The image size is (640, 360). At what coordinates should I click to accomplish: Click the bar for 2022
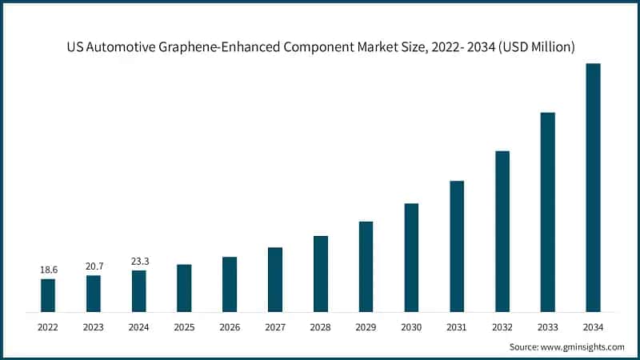pos(48,294)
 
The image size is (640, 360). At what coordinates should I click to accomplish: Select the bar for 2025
pos(184,287)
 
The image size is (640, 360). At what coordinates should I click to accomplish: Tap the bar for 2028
pos(320,273)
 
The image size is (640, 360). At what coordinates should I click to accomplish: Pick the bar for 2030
pos(411,257)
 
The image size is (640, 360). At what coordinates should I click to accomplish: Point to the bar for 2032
pos(502,230)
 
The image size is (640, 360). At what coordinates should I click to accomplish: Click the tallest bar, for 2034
pos(593,187)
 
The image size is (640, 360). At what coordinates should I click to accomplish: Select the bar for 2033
pos(547,211)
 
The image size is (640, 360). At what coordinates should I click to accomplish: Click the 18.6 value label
pos(48,270)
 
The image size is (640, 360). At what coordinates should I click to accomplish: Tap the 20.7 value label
pos(94,267)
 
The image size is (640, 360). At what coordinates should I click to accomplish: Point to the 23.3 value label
pos(138,262)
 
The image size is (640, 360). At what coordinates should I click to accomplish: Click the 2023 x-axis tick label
pos(94,326)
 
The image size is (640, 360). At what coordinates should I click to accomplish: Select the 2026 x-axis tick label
pos(230,326)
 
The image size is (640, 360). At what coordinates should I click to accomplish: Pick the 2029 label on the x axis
pos(366,326)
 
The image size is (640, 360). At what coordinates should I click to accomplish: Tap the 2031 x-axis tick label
pos(457,326)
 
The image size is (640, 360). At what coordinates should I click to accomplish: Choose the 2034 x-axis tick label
pos(593,326)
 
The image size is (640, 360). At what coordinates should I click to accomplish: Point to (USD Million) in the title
pos(534,47)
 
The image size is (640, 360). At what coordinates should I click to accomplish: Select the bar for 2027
pos(275,279)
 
